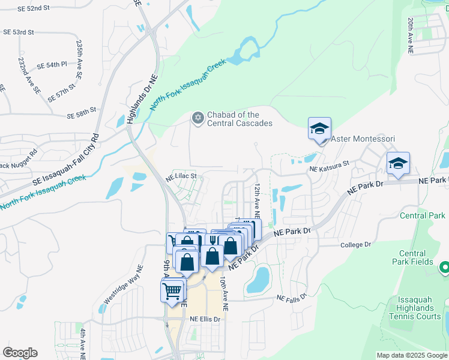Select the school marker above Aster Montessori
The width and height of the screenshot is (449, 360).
click(319, 128)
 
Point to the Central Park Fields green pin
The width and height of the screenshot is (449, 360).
click(445, 267)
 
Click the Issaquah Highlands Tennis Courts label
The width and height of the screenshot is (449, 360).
click(419, 308)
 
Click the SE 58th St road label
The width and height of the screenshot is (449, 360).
click(82, 114)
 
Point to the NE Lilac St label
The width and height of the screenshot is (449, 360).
click(181, 178)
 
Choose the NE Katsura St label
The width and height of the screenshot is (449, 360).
click(329, 167)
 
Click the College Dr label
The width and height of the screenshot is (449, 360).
click(356, 245)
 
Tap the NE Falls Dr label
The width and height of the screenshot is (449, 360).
click(292, 298)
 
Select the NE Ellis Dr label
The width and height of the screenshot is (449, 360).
click(205, 319)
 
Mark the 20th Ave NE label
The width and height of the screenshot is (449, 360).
click(411, 36)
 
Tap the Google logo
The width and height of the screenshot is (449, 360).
click(20, 353)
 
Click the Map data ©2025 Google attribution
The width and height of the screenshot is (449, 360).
click(412, 355)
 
